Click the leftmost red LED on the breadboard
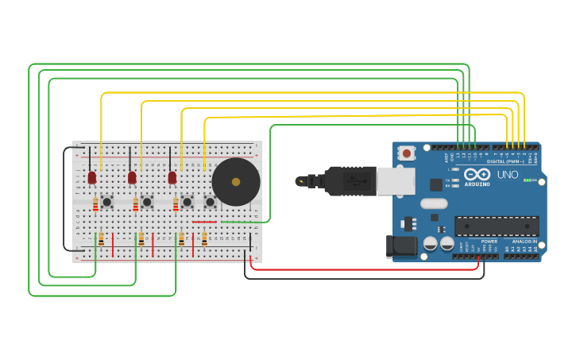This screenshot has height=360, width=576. tap(92, 176)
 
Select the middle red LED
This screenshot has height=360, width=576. tap(132, 176)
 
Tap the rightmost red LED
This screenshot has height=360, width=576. tap(172, 176)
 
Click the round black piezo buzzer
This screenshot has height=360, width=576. tap(236, 182)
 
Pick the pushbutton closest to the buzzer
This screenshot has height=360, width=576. tap(210, 202)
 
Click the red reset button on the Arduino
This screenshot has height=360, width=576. tap(407, 153)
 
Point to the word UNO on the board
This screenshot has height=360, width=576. tap(508, 175)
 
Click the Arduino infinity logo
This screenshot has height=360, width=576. tap(477, 175)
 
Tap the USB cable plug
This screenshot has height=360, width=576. tap(350, 181)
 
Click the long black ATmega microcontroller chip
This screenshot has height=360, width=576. tap(497, 226)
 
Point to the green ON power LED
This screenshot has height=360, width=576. tap(528, 180)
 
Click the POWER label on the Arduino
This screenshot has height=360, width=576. tap(489, 242)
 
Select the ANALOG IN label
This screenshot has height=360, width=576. tap(524, 242)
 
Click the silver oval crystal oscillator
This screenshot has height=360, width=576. tap(434, 203)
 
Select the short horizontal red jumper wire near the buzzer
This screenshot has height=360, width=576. tap(204, 222)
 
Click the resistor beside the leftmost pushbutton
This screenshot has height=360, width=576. tap(95, 206)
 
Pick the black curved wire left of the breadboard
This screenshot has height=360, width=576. tap(64, 199)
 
